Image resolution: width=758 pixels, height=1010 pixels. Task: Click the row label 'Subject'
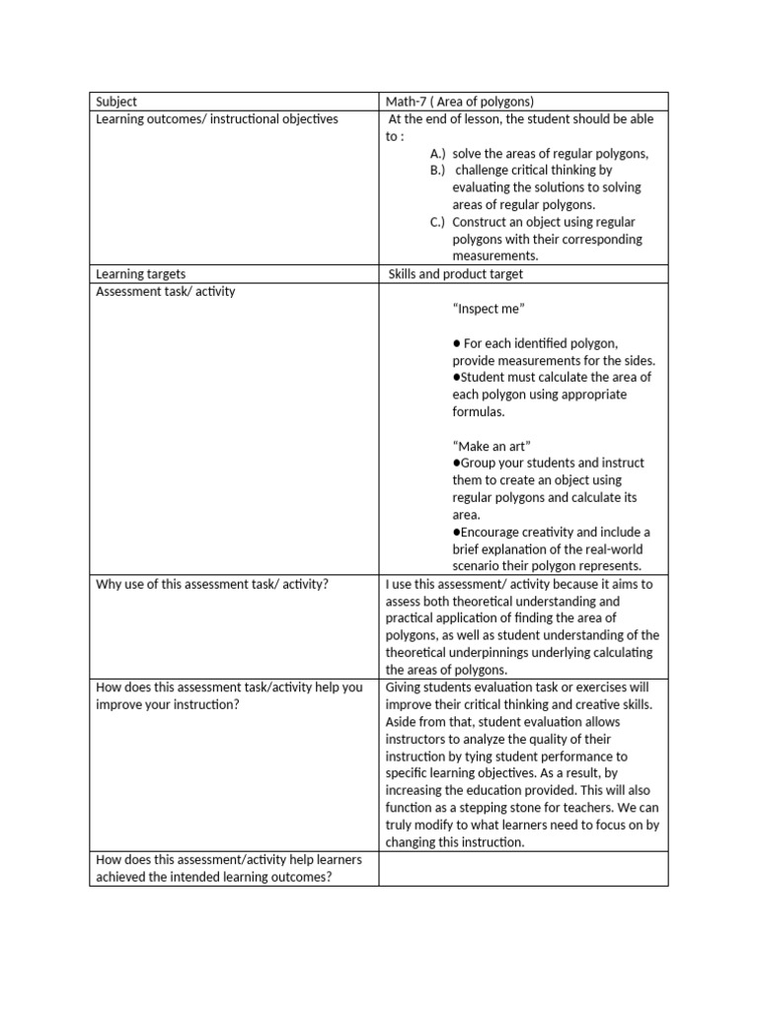[x=116, y=102]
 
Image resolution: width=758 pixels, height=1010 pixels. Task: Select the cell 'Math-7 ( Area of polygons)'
[x=459, y=102]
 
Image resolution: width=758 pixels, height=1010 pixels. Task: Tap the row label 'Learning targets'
[x=140, y=274]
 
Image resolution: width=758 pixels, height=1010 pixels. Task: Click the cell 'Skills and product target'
[x=456, y=274]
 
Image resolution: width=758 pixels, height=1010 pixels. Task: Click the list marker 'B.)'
[x=437, y=171]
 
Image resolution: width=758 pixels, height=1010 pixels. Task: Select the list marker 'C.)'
[x=437, y=222]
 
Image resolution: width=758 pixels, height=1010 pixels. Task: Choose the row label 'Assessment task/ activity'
[x=166, y=292]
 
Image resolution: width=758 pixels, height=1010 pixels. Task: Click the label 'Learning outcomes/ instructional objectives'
[x=216, y=119]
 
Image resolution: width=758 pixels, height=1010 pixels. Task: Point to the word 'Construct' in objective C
[x=481, y=222]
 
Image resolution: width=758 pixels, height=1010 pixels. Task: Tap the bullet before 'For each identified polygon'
[x=457, y=343]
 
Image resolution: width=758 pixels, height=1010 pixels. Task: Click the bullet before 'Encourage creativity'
[x=456, y=532]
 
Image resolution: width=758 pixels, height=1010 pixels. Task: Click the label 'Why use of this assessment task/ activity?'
[x=212, y=584]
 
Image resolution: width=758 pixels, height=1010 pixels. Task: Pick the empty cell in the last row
[x=523, y=869]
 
